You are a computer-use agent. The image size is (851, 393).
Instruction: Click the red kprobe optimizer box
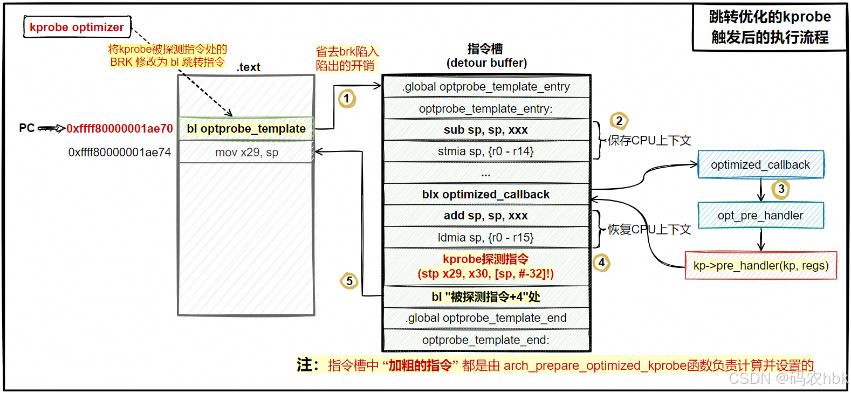77,27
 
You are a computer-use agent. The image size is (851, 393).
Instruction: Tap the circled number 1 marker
347,98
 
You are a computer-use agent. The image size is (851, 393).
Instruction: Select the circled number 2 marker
619,121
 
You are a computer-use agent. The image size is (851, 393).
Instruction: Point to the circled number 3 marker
781,189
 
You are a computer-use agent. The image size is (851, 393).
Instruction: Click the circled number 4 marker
601,263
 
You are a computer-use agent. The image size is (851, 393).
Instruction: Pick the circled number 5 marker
349,280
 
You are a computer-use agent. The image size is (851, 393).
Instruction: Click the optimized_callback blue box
760,164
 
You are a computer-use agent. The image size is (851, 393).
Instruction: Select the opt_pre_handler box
760,215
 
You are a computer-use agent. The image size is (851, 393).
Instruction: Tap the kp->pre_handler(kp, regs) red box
760,265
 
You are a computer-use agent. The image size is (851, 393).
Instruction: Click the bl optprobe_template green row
246,128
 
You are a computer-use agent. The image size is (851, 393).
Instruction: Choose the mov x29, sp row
246,152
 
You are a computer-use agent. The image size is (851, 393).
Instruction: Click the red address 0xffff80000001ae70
119,128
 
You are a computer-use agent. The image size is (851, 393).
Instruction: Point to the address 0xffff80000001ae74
119,152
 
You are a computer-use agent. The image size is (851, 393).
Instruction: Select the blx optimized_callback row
486,194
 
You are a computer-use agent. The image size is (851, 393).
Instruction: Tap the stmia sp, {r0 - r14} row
486,151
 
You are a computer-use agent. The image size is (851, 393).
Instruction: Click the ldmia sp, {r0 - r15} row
486,237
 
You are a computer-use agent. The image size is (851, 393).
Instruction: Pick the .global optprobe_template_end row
486,318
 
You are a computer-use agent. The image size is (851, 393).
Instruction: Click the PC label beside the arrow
26,128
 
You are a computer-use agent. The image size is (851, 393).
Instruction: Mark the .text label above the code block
248,67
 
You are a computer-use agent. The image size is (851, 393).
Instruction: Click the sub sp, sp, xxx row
486,130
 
